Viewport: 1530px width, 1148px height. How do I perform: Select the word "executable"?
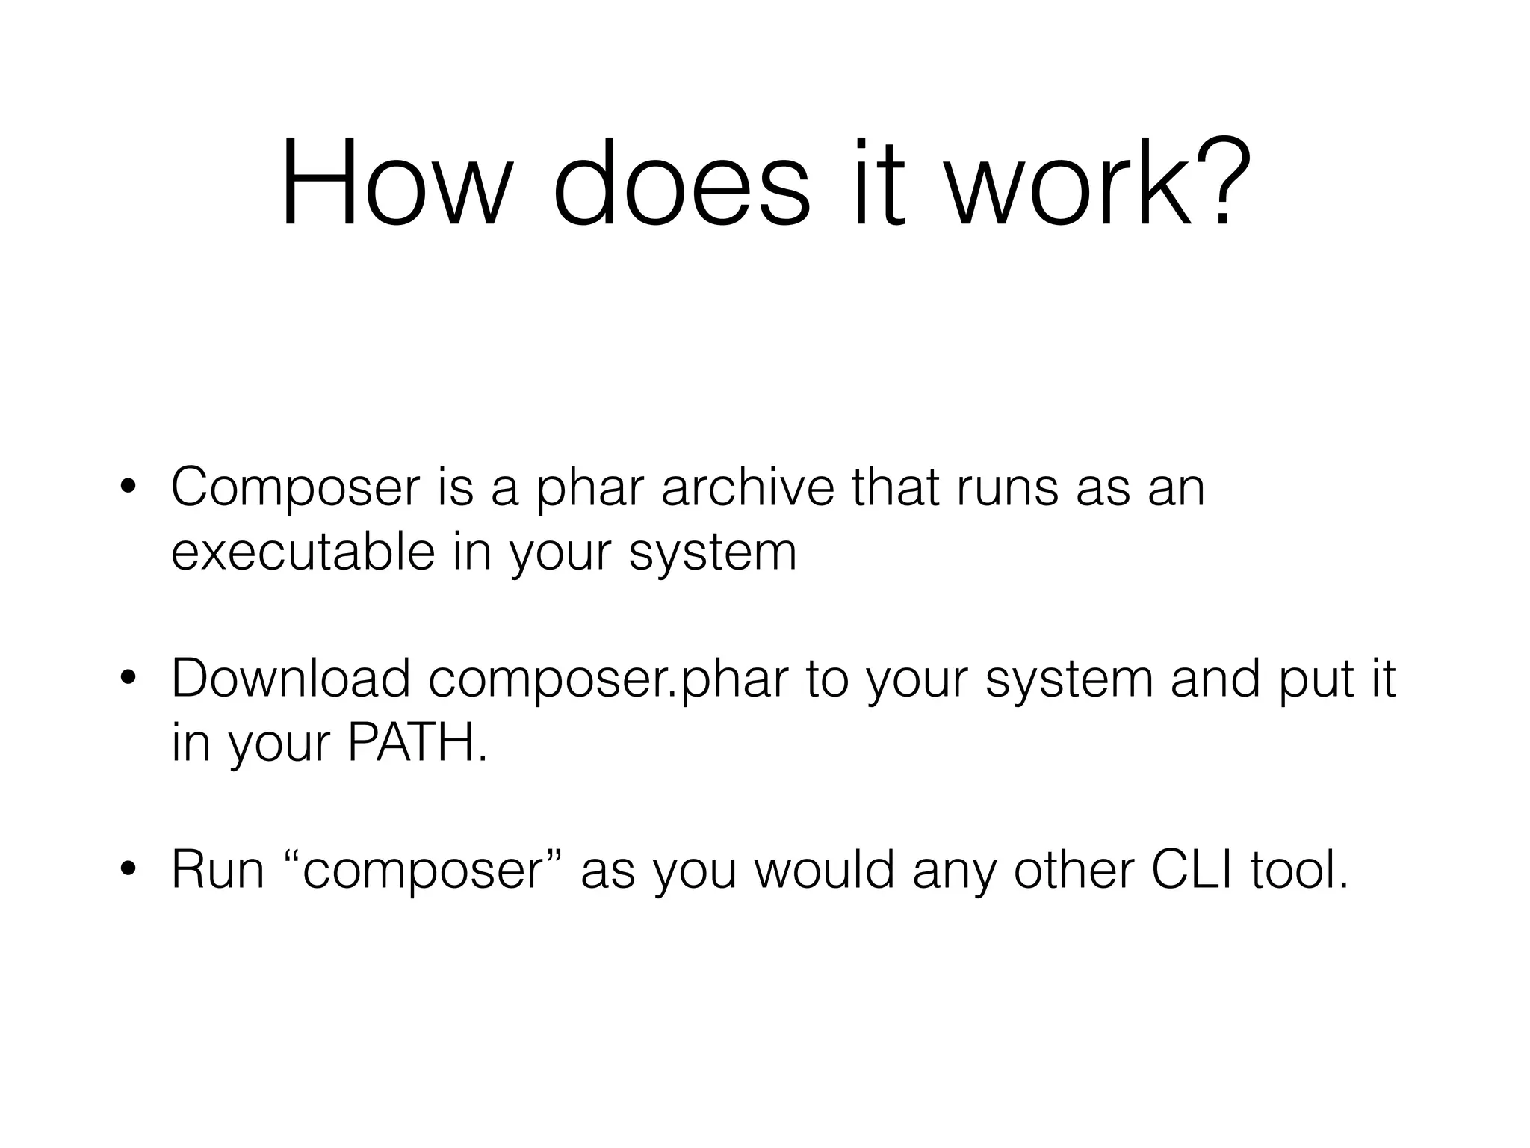tap(303, 552)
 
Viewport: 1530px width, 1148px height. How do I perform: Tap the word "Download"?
tap(291, 679)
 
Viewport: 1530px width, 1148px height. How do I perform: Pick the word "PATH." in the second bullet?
tap(418, 743)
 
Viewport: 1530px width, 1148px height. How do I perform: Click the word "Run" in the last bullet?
tap(217, 870)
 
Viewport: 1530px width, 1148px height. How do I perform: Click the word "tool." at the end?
tap(1300, 870)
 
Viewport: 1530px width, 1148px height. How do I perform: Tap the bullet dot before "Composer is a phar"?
tap(128, 488)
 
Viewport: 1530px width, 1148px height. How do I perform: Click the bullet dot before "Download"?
tap(128, 679)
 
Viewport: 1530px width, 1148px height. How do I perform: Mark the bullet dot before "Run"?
tap(128, 871)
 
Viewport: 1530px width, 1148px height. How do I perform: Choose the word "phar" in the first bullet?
tap(590, 488)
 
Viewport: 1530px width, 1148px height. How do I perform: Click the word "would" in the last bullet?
tap(825, 870)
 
